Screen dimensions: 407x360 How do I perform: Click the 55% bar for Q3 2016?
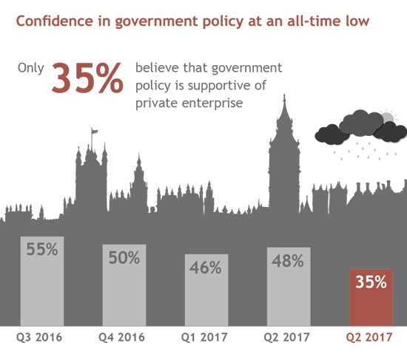point(42,281)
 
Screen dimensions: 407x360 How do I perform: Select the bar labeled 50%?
point(124,285)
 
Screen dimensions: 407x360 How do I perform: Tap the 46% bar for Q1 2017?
point(206,290)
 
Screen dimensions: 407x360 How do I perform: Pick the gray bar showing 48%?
point(289,287)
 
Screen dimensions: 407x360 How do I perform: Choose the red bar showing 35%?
point(371,298)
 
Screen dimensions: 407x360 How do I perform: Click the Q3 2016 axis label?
point(39,337)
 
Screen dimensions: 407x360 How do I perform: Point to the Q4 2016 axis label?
point(121,337)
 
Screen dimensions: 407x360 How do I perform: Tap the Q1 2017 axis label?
point(204,337)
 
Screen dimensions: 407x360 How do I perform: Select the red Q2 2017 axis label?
point(369,337)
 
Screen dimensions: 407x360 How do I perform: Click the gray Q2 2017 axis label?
point(287,337)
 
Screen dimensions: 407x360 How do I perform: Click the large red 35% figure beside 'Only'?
point(87,78)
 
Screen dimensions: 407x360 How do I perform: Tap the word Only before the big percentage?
point(30,69)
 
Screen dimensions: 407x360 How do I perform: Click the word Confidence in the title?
point(55,21)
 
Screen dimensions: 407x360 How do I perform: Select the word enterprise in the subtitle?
point(212,103)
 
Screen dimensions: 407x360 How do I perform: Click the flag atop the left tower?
point(95,131)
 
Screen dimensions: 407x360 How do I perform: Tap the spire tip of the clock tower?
point(284,95)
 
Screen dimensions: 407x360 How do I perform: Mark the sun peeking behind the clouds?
point(388,118)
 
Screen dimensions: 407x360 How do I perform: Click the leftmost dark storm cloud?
point(329,135)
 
